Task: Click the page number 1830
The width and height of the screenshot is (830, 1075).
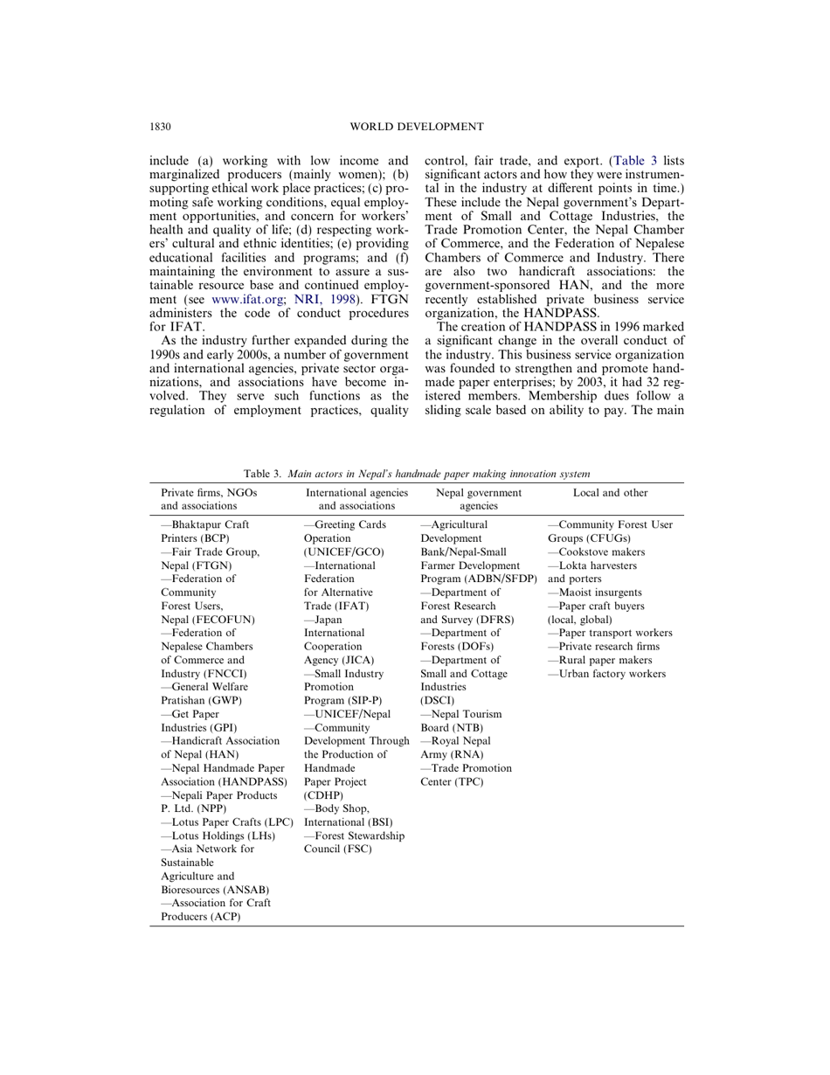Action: click(x=160, y=127)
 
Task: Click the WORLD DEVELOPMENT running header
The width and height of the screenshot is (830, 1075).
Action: click(x=416, y=127)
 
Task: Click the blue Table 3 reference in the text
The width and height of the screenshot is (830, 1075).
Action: click(x=636, y=161)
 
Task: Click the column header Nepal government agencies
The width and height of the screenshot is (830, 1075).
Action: click(x=478, y=499)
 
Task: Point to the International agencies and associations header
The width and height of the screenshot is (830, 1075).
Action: click(x=356, y=499)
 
